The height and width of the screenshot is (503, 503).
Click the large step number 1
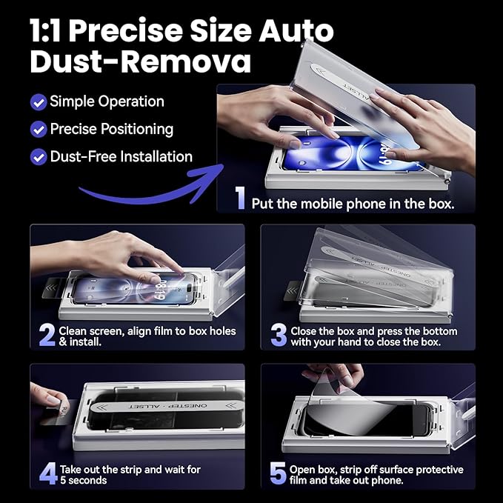click(240, 198)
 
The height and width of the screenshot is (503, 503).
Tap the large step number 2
click(47, 336)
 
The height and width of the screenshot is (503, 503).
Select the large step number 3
click(279, 336)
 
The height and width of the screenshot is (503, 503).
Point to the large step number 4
click(47, 474)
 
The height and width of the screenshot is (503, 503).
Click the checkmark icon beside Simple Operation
click(39, 101)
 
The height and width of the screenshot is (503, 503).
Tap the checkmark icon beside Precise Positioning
click(39, 129)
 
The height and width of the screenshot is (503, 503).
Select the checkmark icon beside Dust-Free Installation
click(39, 157)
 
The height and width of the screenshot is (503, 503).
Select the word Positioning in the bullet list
click(133, 129)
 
